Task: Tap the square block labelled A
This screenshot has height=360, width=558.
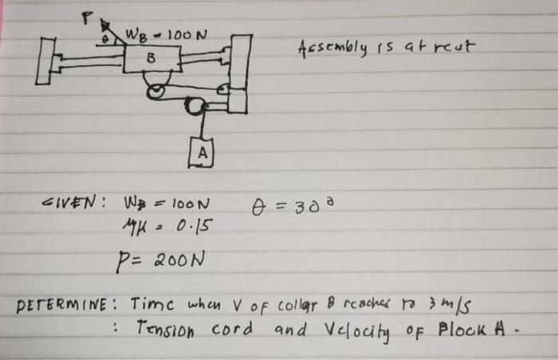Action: (202, 152)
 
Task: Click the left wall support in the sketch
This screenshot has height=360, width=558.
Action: (45, 61)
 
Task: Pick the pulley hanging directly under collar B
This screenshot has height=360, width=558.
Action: (158, 92)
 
